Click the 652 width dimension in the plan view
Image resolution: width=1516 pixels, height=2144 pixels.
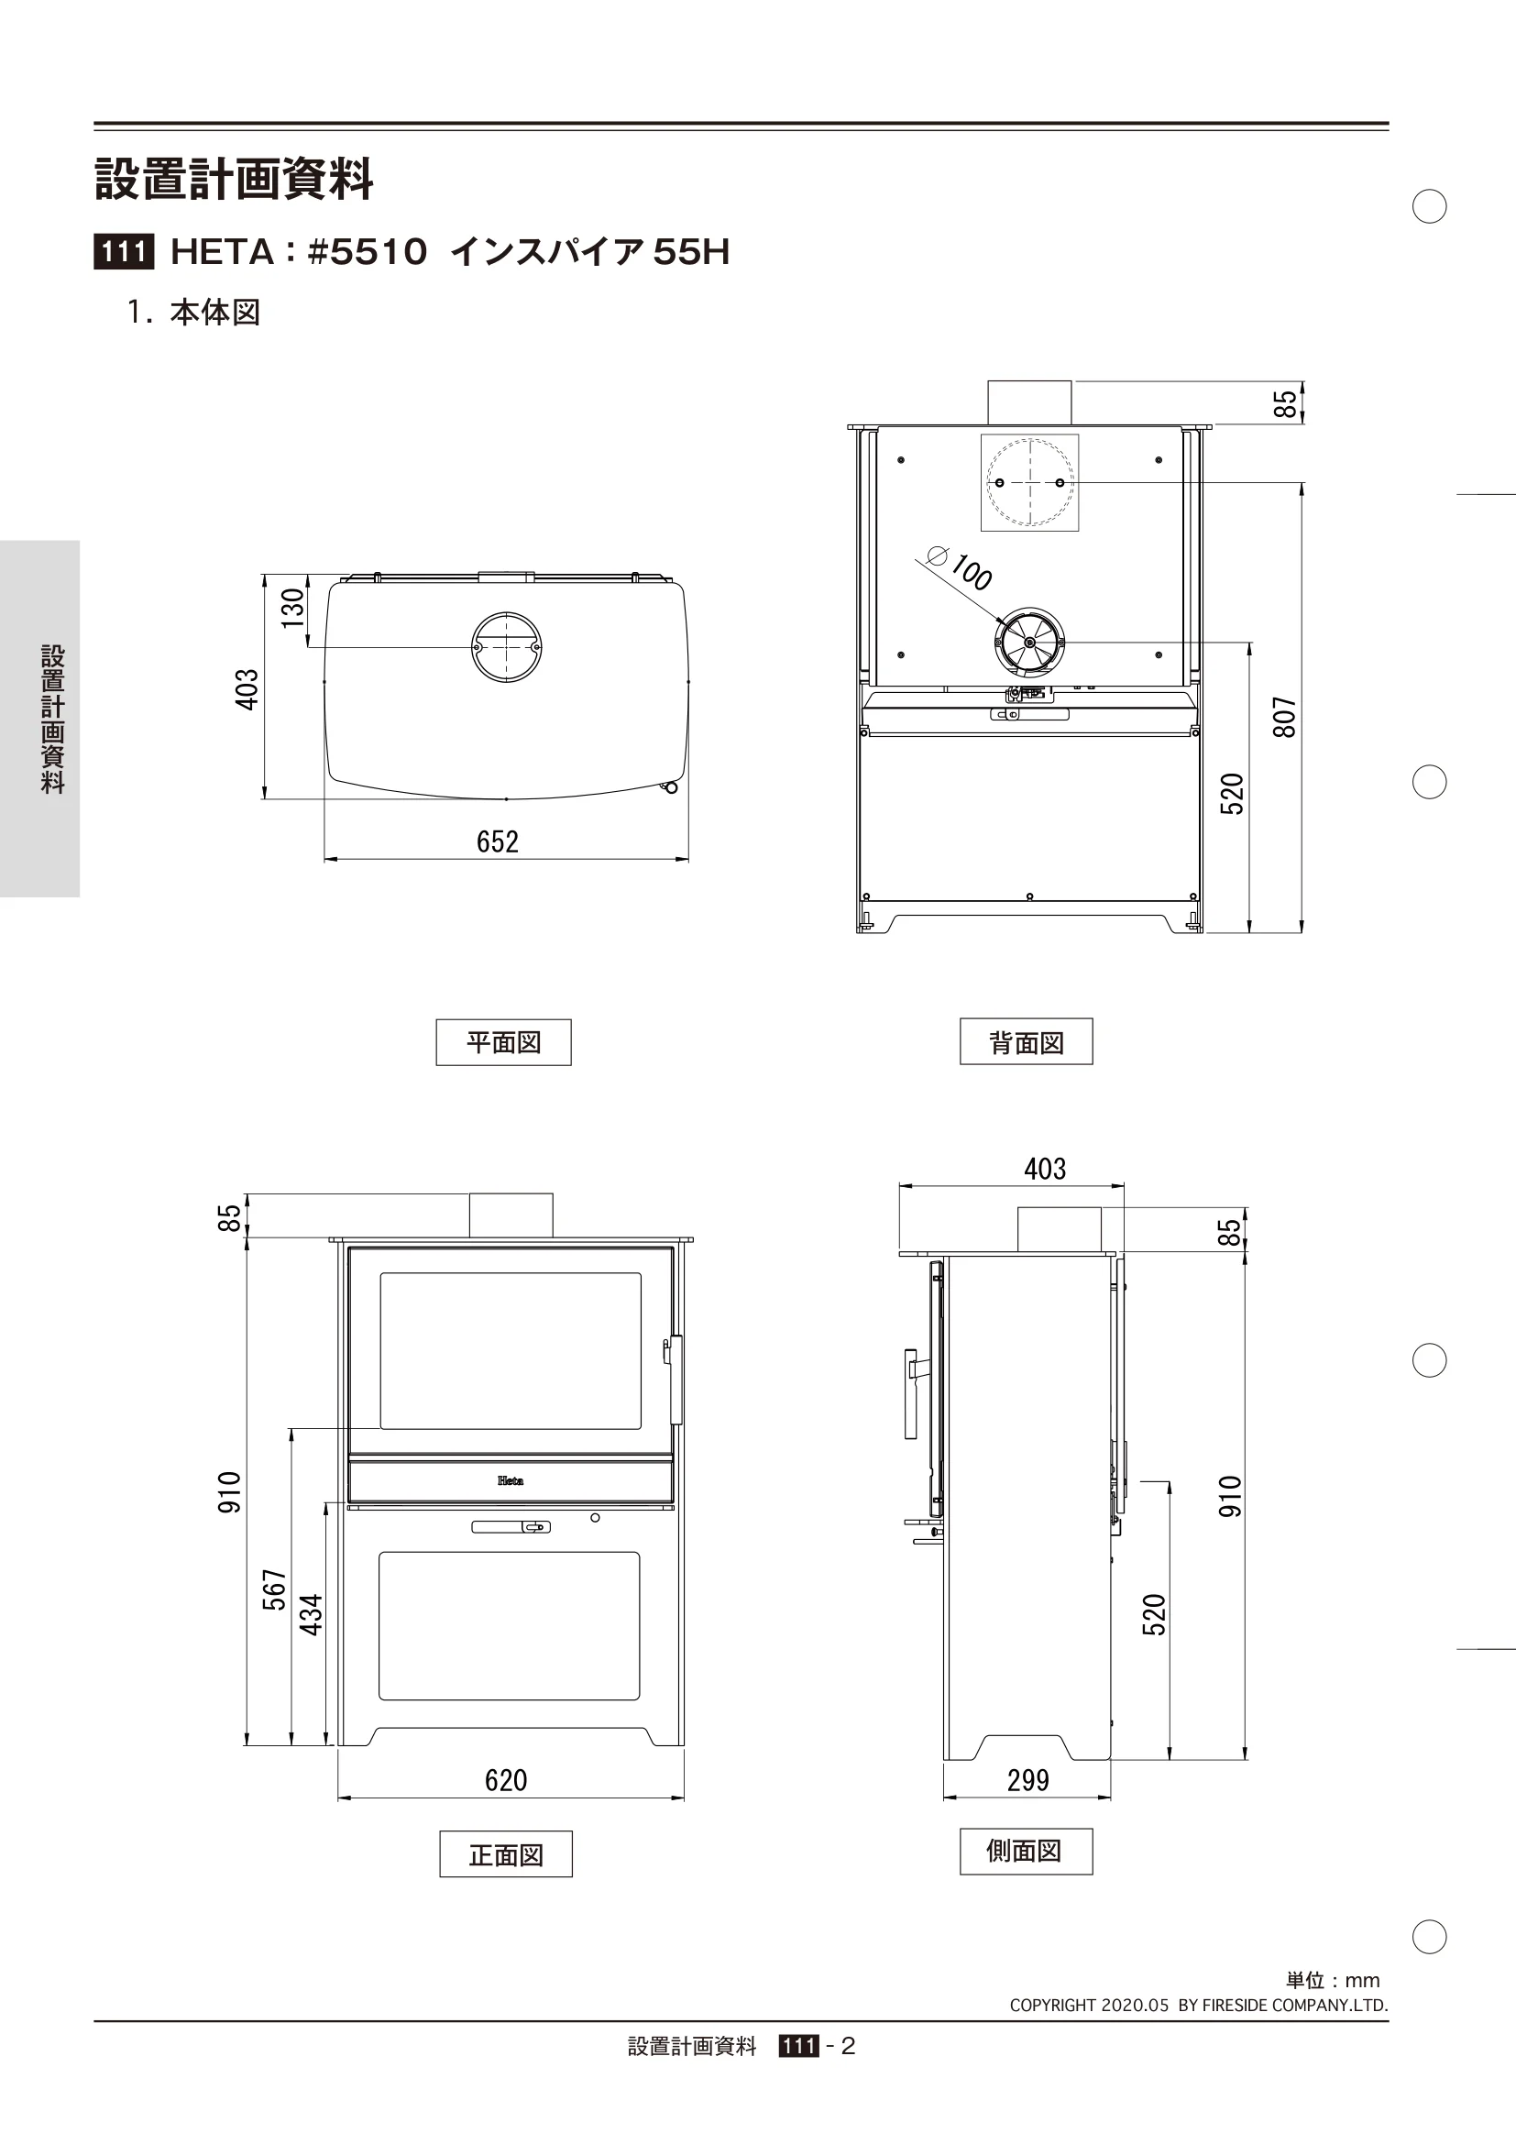tap(498, 841)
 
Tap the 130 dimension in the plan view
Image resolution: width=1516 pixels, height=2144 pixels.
tap(293, 607)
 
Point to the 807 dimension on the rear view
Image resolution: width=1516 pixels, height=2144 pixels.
tap(1285, 717)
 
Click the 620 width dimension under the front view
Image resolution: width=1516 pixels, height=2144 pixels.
tap(506, 1780)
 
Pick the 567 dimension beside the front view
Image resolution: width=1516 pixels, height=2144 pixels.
tap(274, 1589)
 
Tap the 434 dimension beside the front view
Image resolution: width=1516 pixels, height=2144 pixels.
tap(311, 1614)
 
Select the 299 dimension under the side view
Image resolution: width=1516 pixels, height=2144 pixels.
tap(1027, 1780)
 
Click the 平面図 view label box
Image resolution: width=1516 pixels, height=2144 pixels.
tap(503, 1042)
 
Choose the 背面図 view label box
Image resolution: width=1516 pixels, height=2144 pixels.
tap(1026, 1041)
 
